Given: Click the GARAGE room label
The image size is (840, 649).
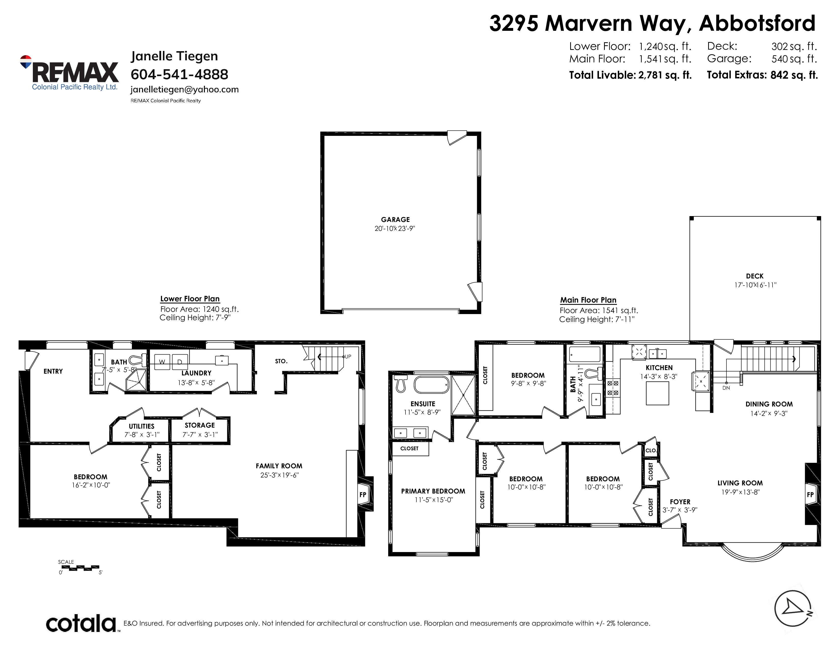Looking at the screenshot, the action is [x=395, y=220].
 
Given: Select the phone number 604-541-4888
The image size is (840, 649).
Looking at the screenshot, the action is [x=179, y=74].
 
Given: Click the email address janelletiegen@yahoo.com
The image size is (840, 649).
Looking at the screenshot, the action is [x=185, y=90].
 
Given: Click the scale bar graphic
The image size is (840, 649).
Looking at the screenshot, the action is [x=80, y=567].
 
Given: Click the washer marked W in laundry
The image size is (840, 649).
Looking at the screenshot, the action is [x=162, y=362].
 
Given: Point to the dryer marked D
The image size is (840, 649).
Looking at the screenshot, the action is [x=180, y=362].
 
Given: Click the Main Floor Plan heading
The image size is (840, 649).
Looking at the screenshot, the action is [x=588, y=300].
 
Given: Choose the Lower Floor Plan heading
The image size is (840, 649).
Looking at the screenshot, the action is [x=190, y=299].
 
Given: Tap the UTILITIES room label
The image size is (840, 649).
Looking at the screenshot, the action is [x=142, y=426].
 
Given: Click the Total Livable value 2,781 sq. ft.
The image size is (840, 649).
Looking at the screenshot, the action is [x=665, y=75].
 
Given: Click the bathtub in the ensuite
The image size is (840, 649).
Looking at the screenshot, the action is [x=431, y=385].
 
